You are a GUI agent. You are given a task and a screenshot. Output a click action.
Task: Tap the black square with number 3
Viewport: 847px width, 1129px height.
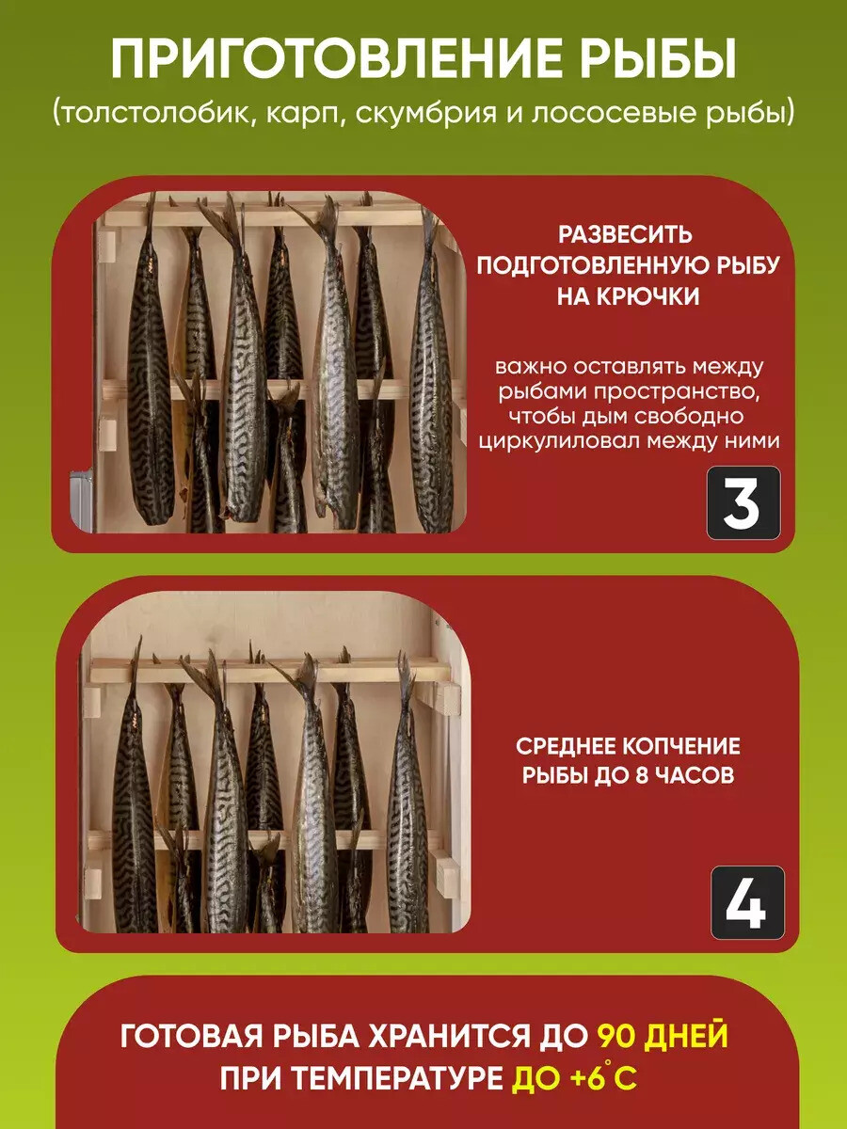(743, 503)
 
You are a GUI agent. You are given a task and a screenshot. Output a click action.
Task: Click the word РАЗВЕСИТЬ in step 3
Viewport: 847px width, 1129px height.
(625, 235)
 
